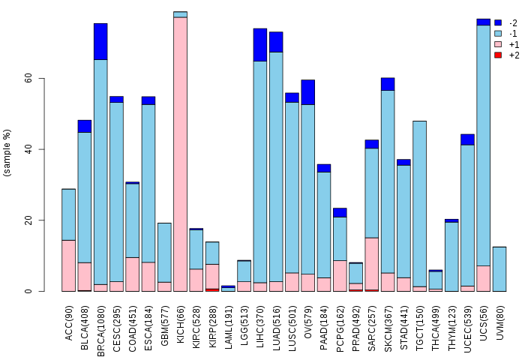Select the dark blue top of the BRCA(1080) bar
[x=100, y=41]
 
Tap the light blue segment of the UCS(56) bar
[x=483, y=142]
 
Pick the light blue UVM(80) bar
[x=499, y=268]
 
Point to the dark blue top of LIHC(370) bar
[x=260, y=44]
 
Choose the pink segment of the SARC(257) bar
[x=372, y=263]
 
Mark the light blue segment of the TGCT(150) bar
[x=419, y=202]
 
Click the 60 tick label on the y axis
[x=28, y=78]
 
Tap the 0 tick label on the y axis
[x=28, y=291]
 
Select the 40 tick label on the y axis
[x=28, y=149]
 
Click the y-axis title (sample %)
[x=8, y=153]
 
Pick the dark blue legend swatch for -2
[x=498, y=23]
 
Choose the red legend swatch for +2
[x=498, y=55]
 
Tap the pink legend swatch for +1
[x=498, y=45]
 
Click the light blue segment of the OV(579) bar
[x=308, y=187]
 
